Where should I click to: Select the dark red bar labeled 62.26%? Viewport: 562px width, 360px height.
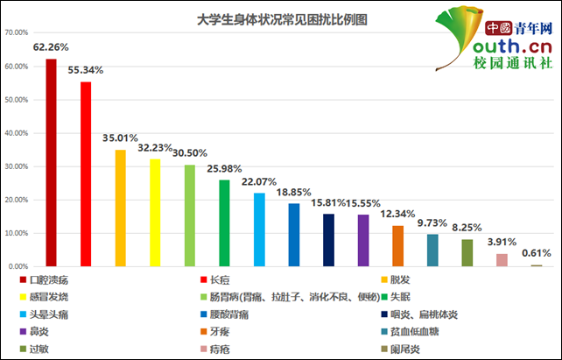point(51,162)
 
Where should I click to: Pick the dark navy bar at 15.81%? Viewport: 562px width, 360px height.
point(328,239)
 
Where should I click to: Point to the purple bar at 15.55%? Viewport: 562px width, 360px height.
point(363,240)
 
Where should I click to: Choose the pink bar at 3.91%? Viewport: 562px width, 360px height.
point(502,259)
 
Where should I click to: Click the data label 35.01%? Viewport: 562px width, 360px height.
point(120,138)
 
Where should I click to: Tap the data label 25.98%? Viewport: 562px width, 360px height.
point(224,168)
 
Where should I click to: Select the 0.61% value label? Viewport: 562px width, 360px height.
point(536,253)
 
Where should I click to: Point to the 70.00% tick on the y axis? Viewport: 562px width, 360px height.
point(18,33)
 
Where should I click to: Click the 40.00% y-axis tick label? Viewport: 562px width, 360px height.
point(18,133)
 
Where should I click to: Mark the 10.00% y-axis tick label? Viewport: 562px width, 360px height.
point(18,233)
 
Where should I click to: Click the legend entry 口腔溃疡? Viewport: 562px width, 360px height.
point(48,280)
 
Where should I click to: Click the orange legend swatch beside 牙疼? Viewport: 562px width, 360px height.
point(202,332)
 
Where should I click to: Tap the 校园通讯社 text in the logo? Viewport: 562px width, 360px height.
point(513,64)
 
